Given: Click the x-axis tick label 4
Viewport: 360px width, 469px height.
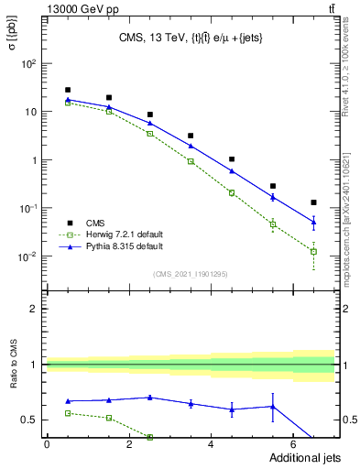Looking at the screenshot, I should point(211,444).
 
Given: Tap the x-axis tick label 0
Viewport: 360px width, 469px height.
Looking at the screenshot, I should point(47,444).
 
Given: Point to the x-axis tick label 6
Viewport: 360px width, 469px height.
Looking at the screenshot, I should point(293,444).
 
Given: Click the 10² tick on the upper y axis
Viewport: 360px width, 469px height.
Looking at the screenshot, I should point(29,64).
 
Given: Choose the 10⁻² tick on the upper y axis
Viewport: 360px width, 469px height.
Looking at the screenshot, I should point(29,256).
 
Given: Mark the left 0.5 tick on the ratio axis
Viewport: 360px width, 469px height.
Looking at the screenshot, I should point(30,420).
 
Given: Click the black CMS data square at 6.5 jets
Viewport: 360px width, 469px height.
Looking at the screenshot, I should point(313,202).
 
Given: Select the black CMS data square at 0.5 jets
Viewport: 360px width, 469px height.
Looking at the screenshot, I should point(68,90).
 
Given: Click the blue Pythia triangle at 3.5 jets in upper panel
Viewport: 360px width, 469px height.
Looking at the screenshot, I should point(191,146).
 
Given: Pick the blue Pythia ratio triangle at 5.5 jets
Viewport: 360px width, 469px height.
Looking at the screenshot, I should point(272,407).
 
